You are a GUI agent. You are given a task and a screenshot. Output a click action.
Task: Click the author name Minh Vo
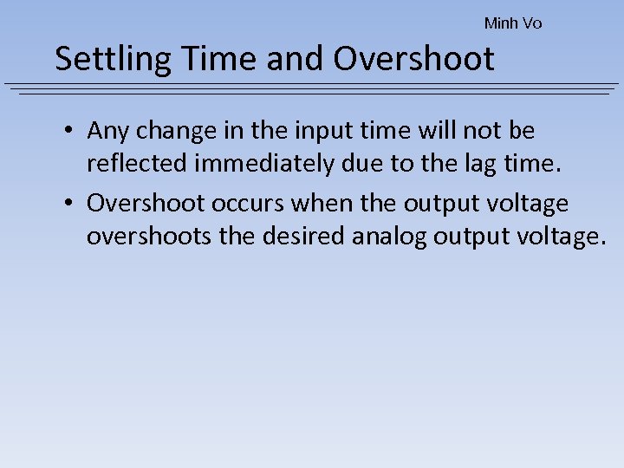(513, 23)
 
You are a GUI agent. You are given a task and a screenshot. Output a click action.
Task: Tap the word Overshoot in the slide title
(414, 59)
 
